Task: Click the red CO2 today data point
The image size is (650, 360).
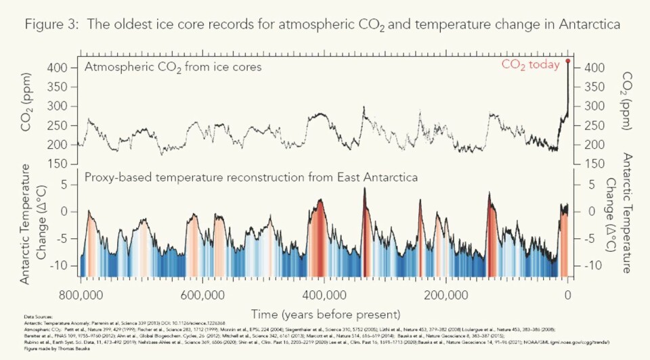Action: [x=567, y=61]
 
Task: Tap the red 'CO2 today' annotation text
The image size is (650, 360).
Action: [x=530, y=65]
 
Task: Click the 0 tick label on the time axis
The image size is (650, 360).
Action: [x=567, y=296]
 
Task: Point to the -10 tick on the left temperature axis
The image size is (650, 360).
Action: [x=62, y=265]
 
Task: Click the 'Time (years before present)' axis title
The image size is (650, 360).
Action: [x=325, y=315]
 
